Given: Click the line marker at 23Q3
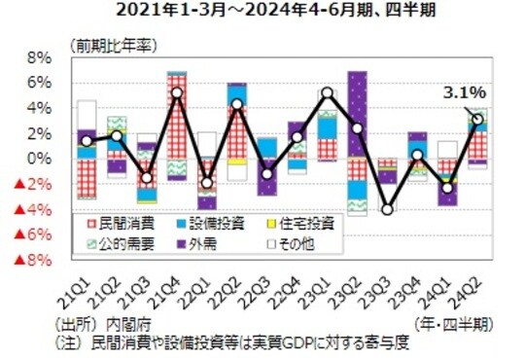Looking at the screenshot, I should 388,209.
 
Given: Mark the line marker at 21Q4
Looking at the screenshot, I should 177,93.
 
